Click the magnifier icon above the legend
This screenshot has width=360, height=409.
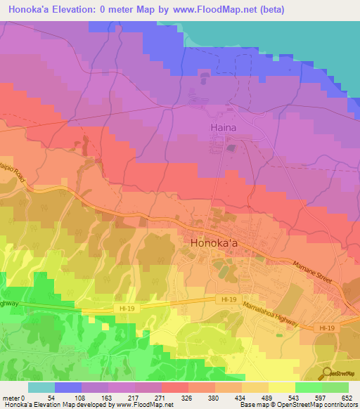point(326,374)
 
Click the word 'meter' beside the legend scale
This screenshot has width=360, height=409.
point(11,398)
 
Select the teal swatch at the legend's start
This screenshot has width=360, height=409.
point(41,387)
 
